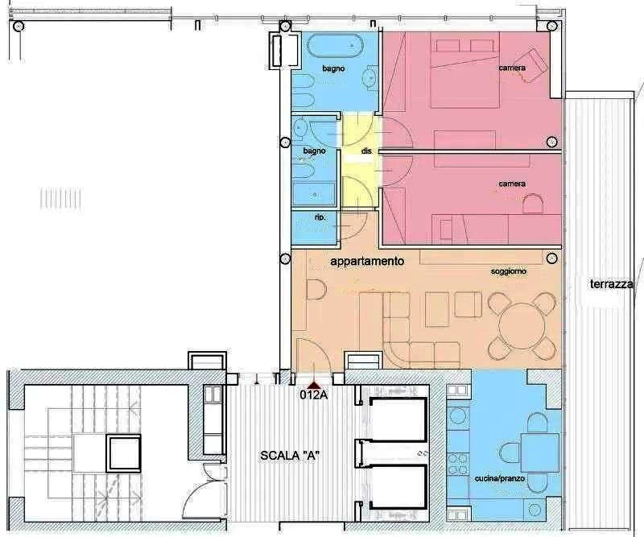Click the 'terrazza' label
click(x=611, y=284)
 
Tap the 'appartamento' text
click(x=367, y=262)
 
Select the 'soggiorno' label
click(x=509, y=271)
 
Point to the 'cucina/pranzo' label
click(x=499, y=479)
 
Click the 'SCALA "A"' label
click(x=291, y=455)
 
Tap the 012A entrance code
click(x=314, y=394)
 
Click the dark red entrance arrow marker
click(x=315, y=386)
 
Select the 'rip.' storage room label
click(x=320, y=217)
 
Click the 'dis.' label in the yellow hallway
click(x=367, y=151)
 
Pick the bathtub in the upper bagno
click(x=335, y=46)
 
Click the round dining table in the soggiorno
click(x=522, y=326)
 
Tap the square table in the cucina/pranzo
click(x=540, y=452)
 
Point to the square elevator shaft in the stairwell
click(x=124, y=454)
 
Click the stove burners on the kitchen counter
click(x=457, y=464)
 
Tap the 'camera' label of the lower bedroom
click(x=512, y=184)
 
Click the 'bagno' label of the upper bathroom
click(x=333, y=68)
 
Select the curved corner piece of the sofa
click(x=397, y=355)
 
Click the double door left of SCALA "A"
click(x=204, y=495)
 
